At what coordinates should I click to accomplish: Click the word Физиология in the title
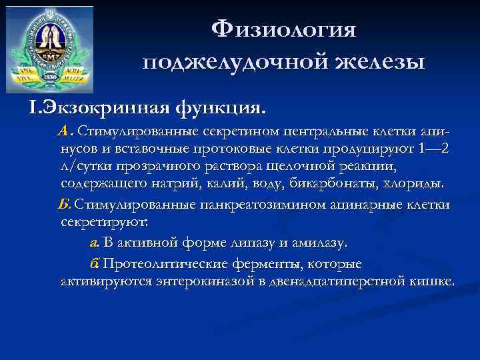[x=284, y=30]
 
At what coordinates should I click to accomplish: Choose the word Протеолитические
[x=170, y=263]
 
